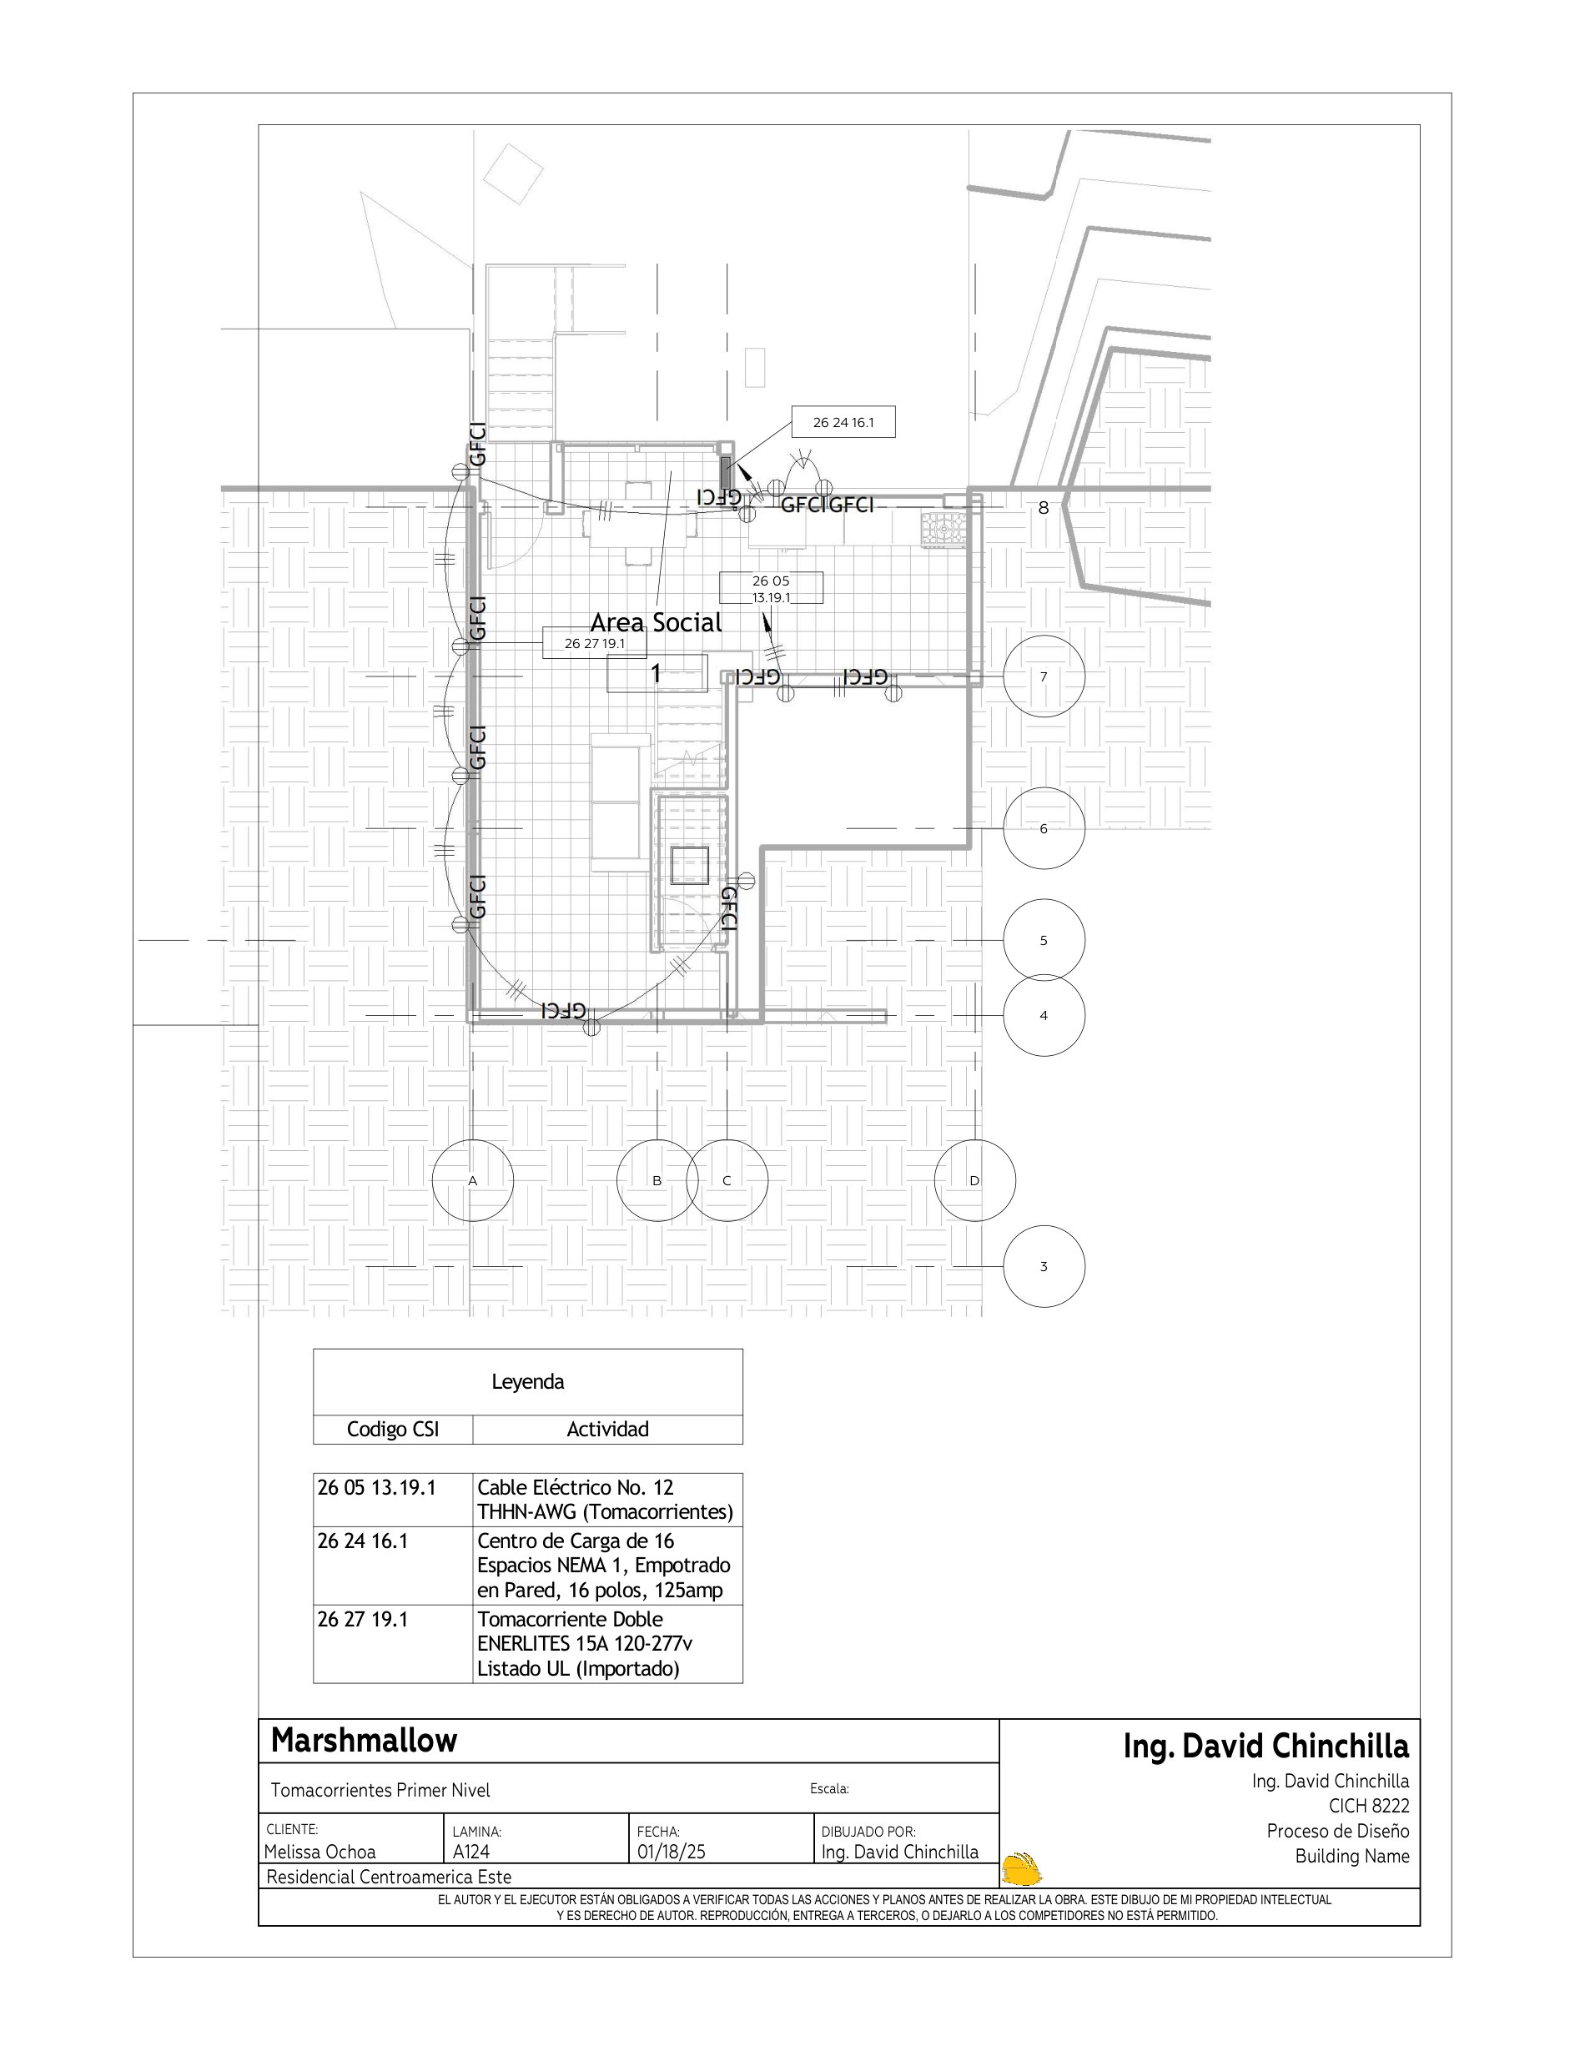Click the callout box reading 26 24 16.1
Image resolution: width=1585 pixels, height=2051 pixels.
point(843,423)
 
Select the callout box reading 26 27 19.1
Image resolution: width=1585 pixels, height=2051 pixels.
point(594,643)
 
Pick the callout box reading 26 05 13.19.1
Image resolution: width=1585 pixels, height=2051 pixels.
point(771,588)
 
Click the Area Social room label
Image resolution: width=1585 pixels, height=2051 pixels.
point(657,621)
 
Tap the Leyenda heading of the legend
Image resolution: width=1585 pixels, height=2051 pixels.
point(528,1381)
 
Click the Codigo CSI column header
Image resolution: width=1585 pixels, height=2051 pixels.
point(392,1430)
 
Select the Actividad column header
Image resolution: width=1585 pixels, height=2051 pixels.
point(607,1430)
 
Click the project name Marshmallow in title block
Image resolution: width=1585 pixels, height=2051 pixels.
point(365,1740)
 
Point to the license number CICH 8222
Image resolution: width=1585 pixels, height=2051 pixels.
point(1369,1806)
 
